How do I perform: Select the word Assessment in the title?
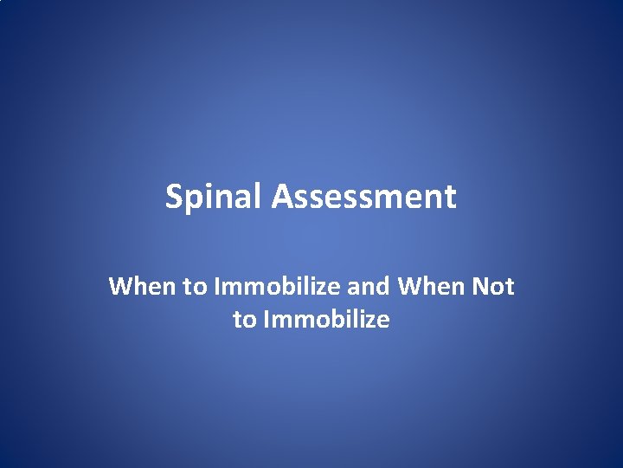click(363, 198)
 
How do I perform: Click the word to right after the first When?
click(192, 287)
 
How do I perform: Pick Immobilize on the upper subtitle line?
click(267, 287)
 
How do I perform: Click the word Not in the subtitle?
click(493, 287)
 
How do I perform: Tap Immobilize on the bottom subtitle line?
click(325, 321)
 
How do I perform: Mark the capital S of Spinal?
click(174, 198)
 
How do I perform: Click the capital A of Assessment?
click(281, 198)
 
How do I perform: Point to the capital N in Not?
click(481, 287)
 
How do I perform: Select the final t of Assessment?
click(449, 198)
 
